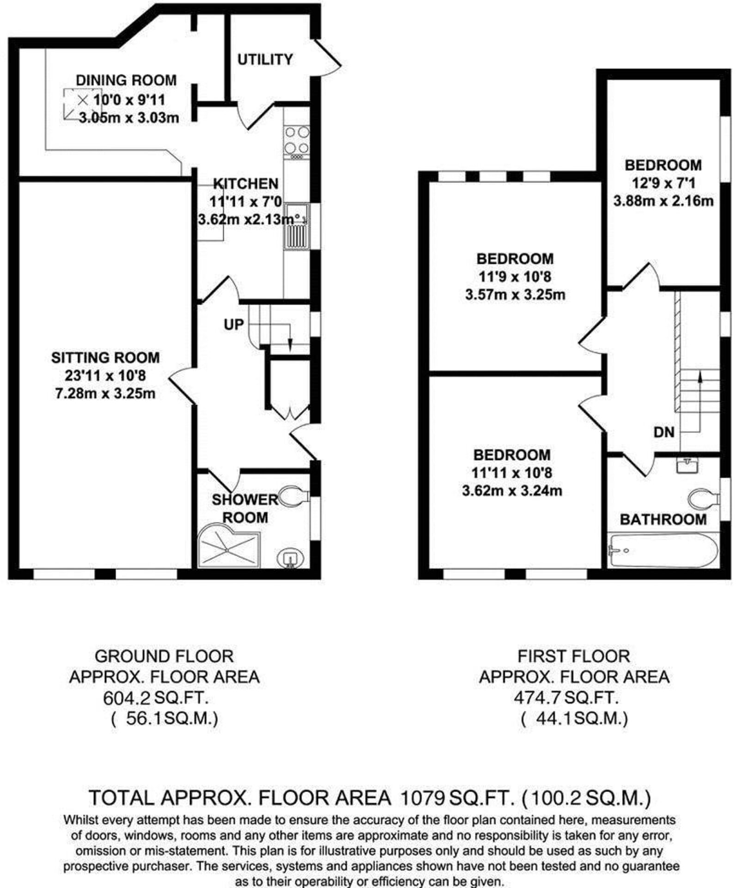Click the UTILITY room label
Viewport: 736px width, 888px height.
265,59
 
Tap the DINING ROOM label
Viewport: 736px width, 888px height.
126,80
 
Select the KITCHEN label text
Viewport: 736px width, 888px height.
246,184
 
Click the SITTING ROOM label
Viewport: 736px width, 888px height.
105,358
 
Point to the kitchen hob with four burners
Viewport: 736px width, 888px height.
297,141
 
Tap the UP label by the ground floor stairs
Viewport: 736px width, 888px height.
233,325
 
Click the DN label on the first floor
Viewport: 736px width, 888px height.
664,432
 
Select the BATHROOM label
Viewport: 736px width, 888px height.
663,519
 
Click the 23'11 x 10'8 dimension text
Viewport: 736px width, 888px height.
106,376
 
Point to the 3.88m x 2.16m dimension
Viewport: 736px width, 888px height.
663,201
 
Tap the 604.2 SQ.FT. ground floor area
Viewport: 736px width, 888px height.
157,698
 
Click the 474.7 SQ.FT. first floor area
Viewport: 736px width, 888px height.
566,697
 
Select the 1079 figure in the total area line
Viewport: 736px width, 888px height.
423,797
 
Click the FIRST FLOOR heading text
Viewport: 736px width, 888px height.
573,656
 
